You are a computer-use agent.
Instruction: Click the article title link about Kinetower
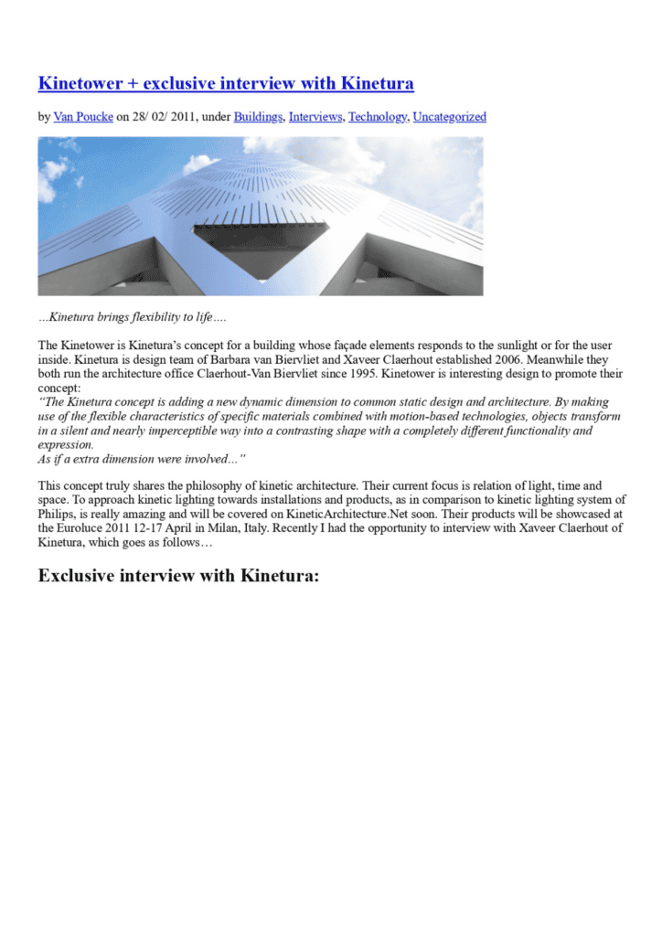(x=225, y=84)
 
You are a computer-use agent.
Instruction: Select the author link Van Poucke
(x=82, y=117)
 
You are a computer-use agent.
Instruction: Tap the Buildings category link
(x=258, y=117)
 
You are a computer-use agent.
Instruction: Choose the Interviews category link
(x=315, y=117)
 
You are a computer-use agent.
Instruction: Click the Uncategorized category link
(x=449, y=117)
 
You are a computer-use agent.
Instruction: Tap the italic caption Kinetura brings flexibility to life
(x=132, y=318)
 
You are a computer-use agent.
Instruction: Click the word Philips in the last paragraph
(x=57, y=514)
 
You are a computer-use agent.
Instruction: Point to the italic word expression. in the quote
(x=66, y=444)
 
